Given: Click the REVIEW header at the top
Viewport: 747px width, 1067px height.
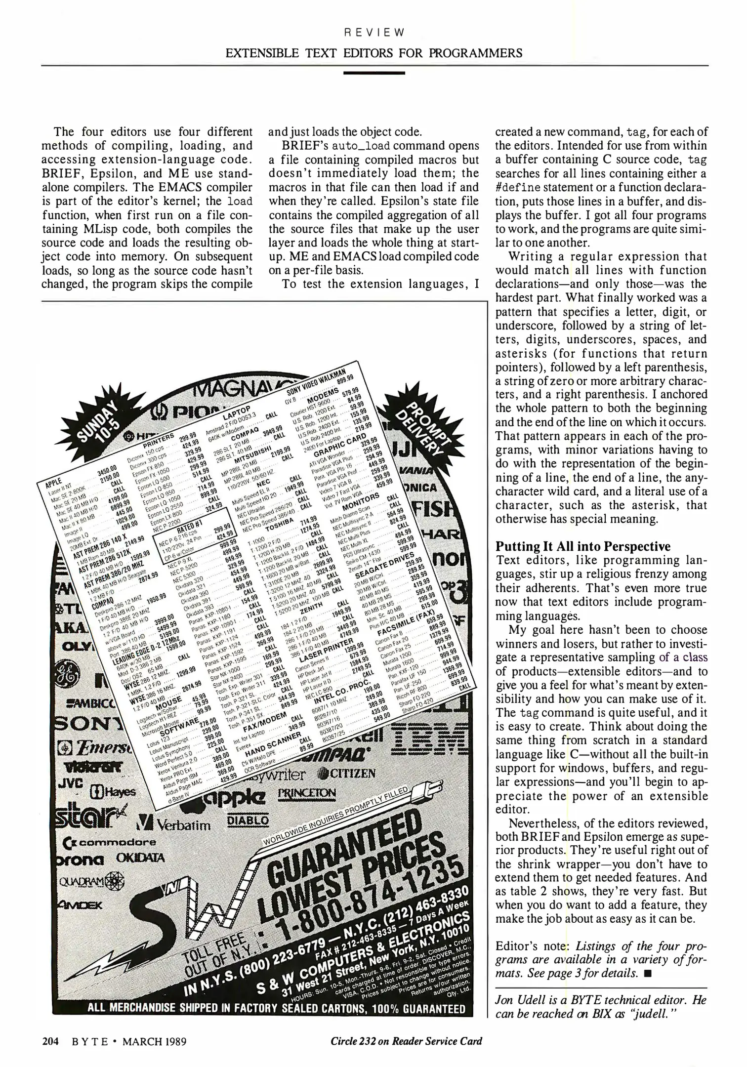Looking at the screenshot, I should pos(374,33).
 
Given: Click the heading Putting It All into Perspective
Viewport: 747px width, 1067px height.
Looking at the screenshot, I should pos(583,546).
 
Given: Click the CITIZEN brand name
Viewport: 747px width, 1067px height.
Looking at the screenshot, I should pos(348,773).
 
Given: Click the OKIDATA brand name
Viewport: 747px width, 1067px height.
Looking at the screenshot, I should pos(140,858).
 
